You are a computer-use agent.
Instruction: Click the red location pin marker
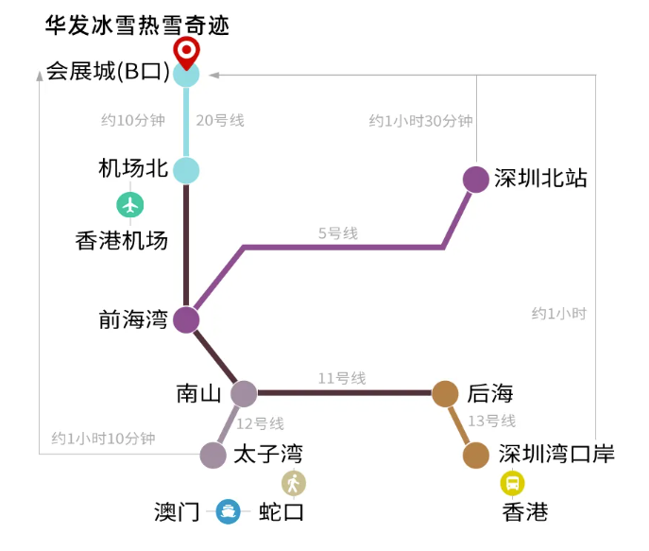[x=186, y=53]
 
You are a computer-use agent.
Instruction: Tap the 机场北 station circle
[x=186, y=170]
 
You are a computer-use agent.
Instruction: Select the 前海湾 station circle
[x=186, y=319]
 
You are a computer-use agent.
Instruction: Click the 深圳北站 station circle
[x=476, y=180]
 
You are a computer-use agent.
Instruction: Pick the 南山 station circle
[x=244, y=393]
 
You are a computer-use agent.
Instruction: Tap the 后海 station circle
[x=445, y=393]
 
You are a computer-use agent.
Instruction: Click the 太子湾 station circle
[x=213, y=455]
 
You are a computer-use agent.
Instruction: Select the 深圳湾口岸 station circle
[x=476, y=455]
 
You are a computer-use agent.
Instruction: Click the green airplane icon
[x=130, y=205]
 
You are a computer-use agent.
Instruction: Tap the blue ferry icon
[x=228, y=511]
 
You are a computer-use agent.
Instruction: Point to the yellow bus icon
[x=512, y=483]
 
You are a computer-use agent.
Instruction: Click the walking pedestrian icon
[x=294, y=483]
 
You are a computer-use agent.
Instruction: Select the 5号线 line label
[x=338, y=233]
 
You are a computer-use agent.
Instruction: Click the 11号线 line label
[x=342, y=378]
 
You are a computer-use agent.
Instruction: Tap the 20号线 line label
[x=220, y=120]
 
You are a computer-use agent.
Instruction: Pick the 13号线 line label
[x=492, y=421]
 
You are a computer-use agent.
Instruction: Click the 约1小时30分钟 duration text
[x=421, y=121]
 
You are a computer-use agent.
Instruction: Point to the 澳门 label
[x=178, y=512]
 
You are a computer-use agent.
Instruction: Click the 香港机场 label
[x=122, y=240]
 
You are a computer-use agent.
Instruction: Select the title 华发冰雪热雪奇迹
[x=137, y=26]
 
